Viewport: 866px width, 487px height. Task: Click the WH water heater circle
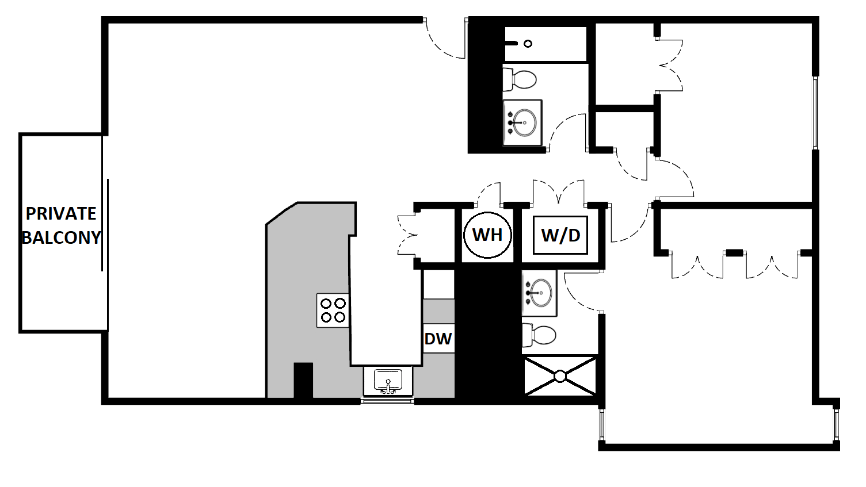[x=487, y=235]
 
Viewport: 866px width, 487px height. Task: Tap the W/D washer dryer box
[x=560, y=235]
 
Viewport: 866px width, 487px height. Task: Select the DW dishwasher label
[x=438, y=339]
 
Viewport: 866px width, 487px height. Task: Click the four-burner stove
[x=333, y=310]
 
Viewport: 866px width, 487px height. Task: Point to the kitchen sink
[x=388, y=381]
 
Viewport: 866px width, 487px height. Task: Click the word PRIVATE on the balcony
[x=60, y=213]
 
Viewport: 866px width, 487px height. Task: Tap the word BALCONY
[x=61, y=237]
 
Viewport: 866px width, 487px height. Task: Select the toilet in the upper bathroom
[x=520, y=79]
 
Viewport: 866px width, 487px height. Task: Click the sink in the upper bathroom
[x=522, y=122]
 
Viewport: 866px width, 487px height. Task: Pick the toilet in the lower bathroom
[x=539, y=335]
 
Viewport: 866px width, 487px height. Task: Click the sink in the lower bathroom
[x=539, y=293]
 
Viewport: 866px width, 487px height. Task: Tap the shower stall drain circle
[x=560, y=376]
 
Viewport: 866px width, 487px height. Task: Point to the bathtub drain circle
[x=528, y=44]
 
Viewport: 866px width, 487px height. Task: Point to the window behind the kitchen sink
[x=387, y=401]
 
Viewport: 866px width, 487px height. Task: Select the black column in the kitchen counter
[x=303, y=381]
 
